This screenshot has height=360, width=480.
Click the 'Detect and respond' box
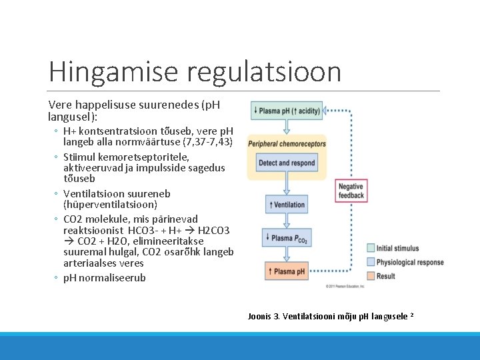coord(287,163)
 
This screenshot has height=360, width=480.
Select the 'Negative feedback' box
coord(351,191)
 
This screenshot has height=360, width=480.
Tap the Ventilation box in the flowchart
coord(287,205)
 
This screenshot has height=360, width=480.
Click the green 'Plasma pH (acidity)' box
coord(287,111)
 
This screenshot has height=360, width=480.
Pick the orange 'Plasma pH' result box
coord(287,272)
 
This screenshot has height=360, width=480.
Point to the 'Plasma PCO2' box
coord(287,238)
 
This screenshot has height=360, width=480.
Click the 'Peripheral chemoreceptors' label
coord(287,144)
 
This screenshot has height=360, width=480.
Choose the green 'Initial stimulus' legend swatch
coord(371,249)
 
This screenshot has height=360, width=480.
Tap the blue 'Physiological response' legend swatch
coord(371,262)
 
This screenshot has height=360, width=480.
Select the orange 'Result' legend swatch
coord(371,276)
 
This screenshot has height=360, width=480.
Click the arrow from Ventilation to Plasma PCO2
coord(287,221)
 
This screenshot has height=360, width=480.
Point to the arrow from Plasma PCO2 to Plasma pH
coord(287,255)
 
